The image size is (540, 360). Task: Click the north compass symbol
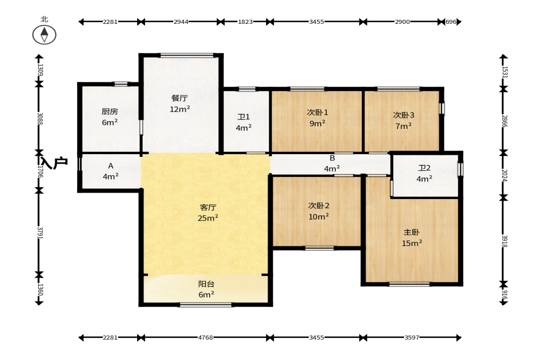(45, 35)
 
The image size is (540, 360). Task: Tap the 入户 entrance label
(54, 162)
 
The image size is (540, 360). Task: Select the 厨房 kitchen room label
(110, 111)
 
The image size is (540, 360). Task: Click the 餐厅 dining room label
(179, 98)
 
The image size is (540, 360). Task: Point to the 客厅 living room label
(208, 207)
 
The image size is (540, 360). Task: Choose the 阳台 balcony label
(206, 284)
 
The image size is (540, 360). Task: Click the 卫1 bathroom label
(244, 117)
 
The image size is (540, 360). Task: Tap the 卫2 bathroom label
(424, 168)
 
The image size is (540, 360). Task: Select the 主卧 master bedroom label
(412, 233)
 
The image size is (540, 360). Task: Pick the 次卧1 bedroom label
(317, 112)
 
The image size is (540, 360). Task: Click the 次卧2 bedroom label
(318, 206)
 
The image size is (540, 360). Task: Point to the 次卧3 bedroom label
(404, 115)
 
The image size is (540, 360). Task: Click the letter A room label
(111, 166)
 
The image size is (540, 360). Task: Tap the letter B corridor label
(332, 158)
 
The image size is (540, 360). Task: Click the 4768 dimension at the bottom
(205, 338)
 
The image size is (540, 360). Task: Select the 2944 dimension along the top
(181, 22)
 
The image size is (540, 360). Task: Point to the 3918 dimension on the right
(504, 241)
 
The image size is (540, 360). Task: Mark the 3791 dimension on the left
(39, 233)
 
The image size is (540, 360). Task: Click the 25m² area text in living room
(208, 218)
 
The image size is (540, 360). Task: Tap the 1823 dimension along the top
(245, 22)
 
